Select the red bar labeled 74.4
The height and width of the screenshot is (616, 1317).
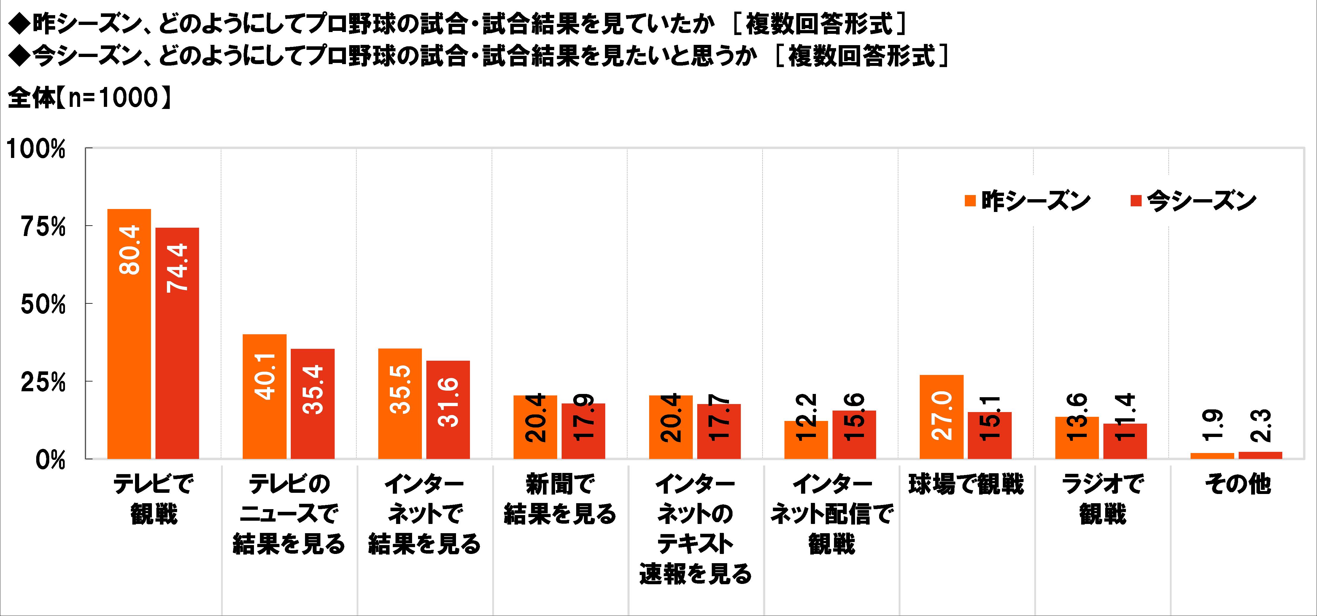[177, 343]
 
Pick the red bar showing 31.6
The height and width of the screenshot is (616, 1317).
[448, 409]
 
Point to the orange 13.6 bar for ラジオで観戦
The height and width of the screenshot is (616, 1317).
[1077, 438]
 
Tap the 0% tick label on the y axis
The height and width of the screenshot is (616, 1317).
[50, 460]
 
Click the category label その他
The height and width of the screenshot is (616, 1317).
[1237, 484]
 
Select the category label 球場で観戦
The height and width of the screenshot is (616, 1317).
[966, 484]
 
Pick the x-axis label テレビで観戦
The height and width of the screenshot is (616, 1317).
[153, 499]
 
